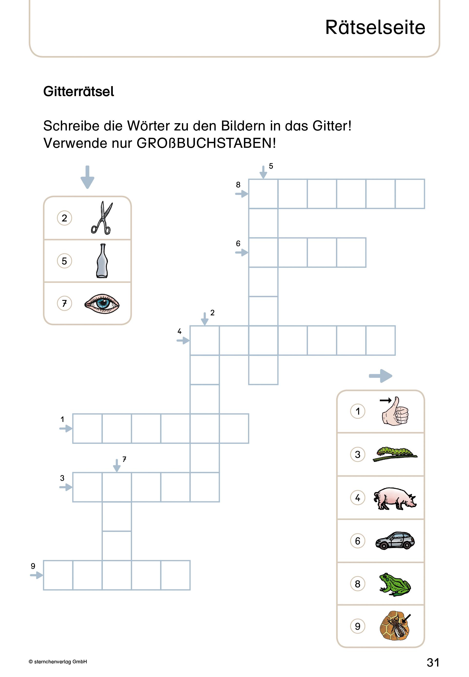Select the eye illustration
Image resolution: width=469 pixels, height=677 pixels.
tap(102, 303)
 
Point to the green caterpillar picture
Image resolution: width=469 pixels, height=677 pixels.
tap(395, 454)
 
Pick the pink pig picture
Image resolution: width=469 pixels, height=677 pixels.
tap(395, 498)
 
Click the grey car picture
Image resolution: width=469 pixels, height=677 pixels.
tap(395, 540)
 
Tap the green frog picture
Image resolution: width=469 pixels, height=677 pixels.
tap(395, 584)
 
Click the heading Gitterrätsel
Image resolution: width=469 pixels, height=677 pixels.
tap(78, 91)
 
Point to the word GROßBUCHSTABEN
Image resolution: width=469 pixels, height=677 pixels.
tap(206, 143)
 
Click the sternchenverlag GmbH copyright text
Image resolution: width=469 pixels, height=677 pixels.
tap(58, 662)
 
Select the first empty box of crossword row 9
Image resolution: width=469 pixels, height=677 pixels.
tap(58, 575)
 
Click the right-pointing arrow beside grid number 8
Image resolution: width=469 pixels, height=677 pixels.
tap(241, 194)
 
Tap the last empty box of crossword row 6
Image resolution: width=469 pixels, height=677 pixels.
tap(351, 253)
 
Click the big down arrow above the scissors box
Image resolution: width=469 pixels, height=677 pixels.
tap(87, 177)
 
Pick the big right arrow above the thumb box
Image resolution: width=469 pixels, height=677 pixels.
tap(380, 376)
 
